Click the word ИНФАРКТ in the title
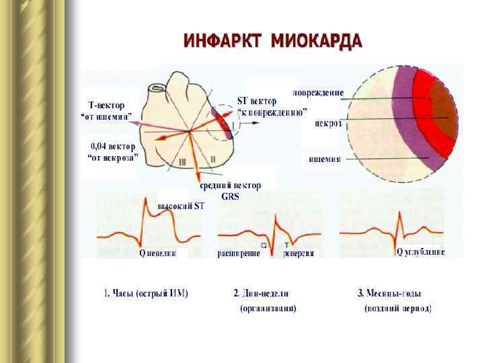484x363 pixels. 223,42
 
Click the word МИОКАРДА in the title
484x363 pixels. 316,42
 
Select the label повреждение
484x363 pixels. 318,92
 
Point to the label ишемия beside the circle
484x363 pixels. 325,159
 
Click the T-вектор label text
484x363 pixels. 112,105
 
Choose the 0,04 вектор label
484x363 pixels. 113,146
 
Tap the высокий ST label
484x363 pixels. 180,206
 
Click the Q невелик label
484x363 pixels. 157,253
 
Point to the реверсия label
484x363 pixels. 298,253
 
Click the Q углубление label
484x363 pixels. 421,252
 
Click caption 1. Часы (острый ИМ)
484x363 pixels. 146,294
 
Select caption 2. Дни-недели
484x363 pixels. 266,294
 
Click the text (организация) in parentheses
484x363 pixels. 268,309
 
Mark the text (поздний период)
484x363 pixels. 398,309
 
